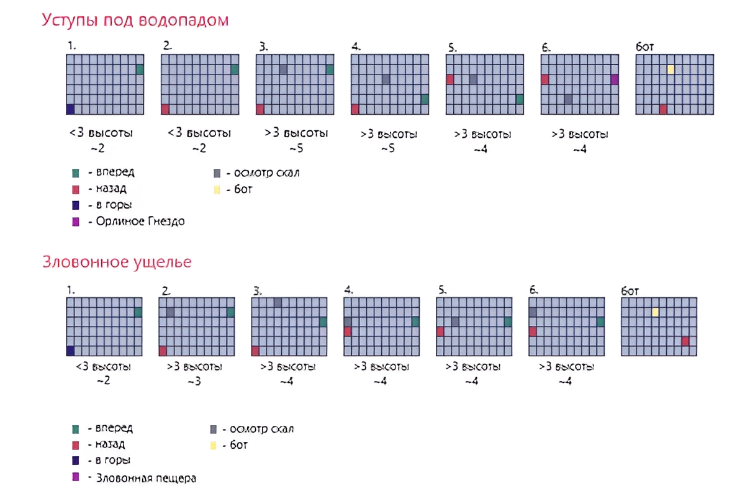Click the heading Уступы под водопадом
(135, 20)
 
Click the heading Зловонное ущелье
(117, 262)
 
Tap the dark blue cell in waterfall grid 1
(70, 109)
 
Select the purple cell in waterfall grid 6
(615, 79)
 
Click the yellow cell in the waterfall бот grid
(671, 69)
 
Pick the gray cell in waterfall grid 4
(386, 79)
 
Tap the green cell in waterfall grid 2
(235, 70)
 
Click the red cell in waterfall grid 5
(450, 79)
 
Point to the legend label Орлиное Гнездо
(140, 222)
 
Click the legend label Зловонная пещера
(146, 479)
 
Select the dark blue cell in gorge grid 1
(70, 351)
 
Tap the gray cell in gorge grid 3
(278, 302)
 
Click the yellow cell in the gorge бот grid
(655, 312)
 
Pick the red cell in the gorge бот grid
(685, 341)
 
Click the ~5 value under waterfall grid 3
(296, 149)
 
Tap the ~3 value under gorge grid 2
(194, 380)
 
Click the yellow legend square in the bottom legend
(214, 446)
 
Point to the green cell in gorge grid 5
(508, 322)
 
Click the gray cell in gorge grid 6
(533, 312)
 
